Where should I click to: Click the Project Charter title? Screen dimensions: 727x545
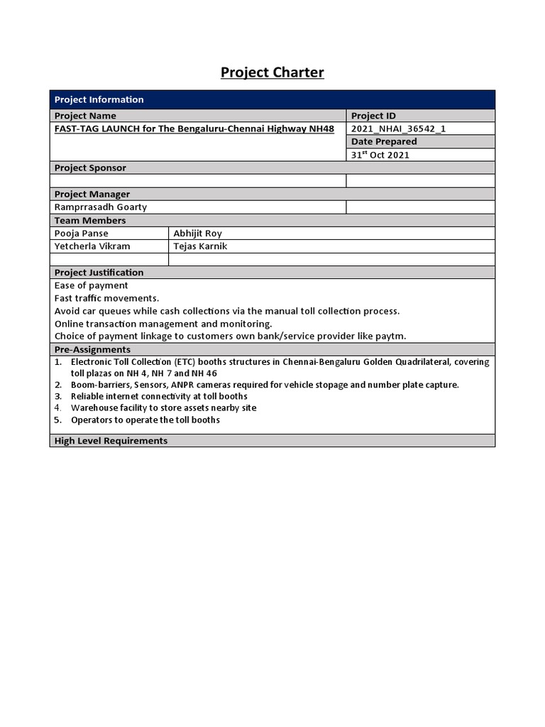click(272, 72)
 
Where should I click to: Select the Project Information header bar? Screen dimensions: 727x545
click(272, 99)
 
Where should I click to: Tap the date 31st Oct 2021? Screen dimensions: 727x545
click(380, 155)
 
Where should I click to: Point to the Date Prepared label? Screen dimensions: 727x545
click(384, 141)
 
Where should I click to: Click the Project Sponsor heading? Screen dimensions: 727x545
click(90, 168)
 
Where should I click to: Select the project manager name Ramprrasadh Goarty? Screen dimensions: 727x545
click(101, 207)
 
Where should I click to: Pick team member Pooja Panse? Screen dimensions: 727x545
click(81, 233)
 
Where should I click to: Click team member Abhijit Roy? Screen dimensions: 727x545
click(197, 233)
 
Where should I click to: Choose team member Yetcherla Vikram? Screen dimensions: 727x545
click(92, 246)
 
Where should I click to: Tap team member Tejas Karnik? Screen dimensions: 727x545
click(200, 246)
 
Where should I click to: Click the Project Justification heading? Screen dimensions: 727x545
click(99, 272)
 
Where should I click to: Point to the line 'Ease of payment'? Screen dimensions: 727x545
click(91, 285)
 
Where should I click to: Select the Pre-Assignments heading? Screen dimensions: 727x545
click(92, 349)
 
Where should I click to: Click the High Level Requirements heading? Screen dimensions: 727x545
click(111, 441)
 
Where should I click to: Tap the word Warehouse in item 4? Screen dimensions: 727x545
click(94, 408)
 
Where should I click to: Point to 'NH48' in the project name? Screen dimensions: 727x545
click(321, 129)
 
